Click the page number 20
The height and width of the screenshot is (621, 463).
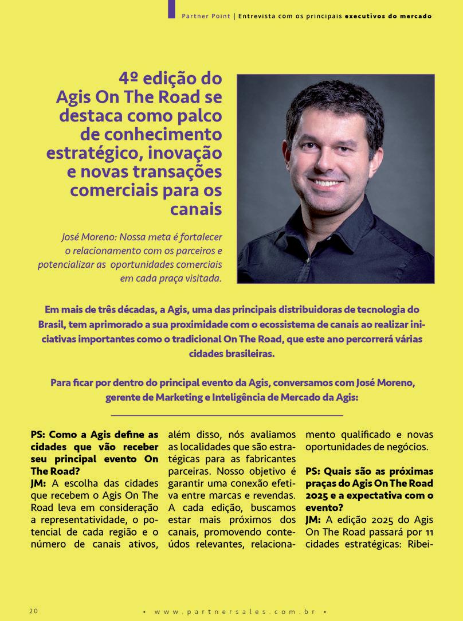click(34, 610)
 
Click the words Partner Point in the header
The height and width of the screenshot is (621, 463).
click(206, 16)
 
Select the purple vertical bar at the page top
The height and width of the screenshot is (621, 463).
click(171, 9)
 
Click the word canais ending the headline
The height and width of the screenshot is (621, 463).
click(196, 209)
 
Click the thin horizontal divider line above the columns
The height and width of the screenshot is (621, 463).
click(227, 415)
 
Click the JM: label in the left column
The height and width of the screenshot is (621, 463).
click(39, 483)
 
